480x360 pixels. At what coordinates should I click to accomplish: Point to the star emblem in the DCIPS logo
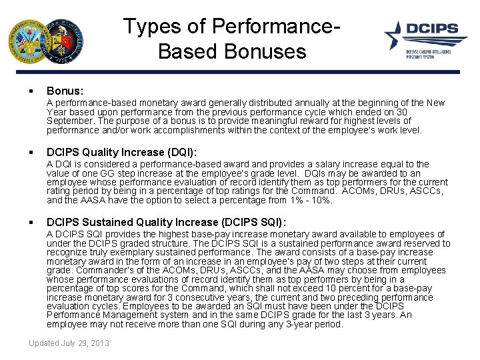(x=395, y=34)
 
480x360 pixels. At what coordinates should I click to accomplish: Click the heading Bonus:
(x=65, y=90)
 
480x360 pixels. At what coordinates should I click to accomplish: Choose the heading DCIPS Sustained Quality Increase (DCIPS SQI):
(x=166, y=222)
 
